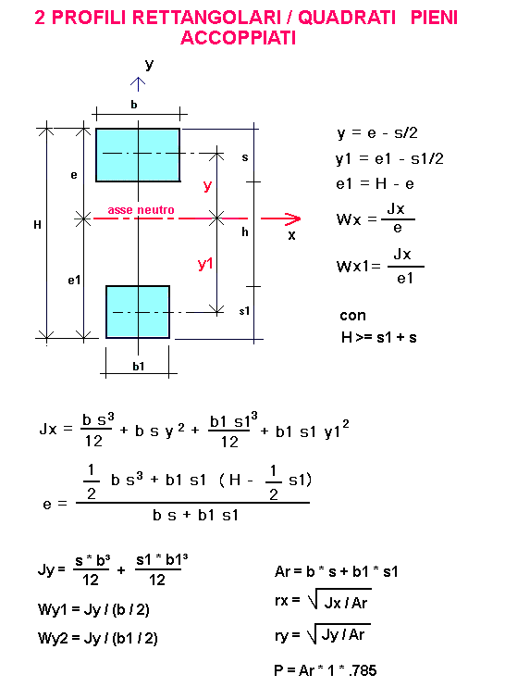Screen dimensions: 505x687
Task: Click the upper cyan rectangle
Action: [138, 155]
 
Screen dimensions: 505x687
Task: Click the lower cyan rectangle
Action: [138, 312]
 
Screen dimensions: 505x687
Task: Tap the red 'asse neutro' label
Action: [141, 210]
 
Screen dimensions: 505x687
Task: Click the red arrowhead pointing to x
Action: [293, 219]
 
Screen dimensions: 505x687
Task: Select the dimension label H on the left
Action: [37, 225]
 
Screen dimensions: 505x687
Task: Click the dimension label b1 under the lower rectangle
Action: [139, 367]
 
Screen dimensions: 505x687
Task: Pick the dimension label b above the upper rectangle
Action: [134, 105]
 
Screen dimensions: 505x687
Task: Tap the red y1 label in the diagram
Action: [205, 264]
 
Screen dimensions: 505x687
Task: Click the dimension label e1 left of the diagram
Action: [74, 280]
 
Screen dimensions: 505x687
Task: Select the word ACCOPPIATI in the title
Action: [239, 38]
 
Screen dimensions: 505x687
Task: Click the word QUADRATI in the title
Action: [347, 18]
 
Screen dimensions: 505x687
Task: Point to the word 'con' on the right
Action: [352, 316]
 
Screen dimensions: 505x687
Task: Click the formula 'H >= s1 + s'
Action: [379, 337]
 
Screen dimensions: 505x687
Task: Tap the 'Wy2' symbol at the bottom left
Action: [53, 638]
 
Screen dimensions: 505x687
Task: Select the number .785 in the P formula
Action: [363, 670]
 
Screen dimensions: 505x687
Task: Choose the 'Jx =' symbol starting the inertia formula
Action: [56, 429]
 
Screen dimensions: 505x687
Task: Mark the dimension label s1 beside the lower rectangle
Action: [244, 311]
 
